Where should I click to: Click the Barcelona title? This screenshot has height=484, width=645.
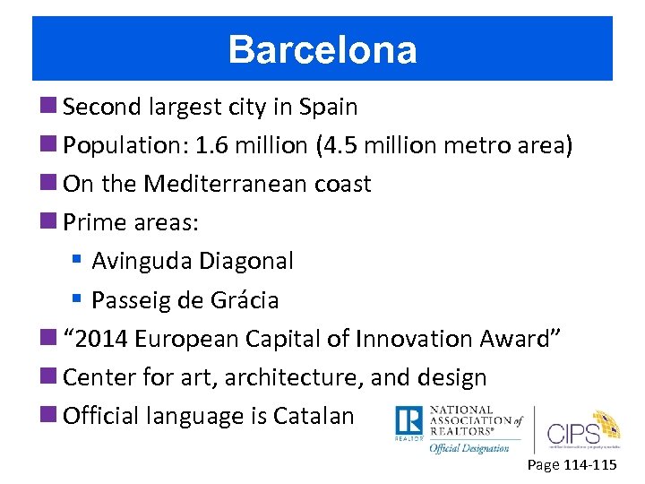(x=322, y=50)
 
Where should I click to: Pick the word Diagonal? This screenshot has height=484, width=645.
(x=246, y=262)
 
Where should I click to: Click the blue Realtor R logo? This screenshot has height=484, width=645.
(x=408, y=423)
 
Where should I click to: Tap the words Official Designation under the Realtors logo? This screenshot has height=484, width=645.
(x=469, y=447)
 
